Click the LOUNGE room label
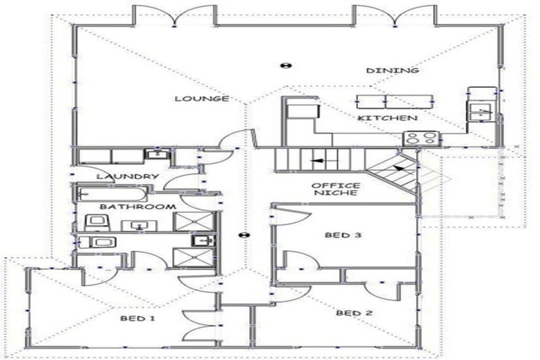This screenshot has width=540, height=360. click(202, 99)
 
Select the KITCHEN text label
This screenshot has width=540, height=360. click(387, 118)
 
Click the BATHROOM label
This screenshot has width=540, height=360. click(137, 207)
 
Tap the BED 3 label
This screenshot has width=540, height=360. click(342, 235)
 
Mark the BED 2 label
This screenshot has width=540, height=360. click(353, 313)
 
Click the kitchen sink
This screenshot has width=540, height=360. click(481, 109)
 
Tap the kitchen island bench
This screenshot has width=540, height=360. click(386, 100)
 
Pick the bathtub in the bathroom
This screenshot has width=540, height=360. click(111, 193)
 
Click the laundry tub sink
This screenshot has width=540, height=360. click(154, 155)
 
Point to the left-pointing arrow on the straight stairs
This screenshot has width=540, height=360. click(319, 161)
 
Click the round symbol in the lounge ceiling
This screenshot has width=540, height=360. click(285, 65)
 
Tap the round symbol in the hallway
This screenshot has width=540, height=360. click(244, 234)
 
